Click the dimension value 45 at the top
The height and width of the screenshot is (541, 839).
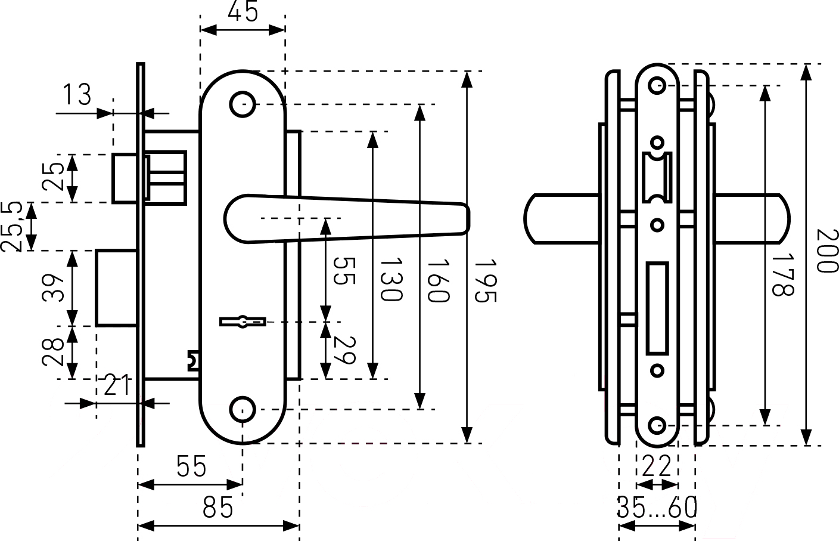(x=243, y=11)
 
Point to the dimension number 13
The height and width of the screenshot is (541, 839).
(x=77, y=95)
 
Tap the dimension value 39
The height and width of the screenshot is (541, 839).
(x=55, y=288)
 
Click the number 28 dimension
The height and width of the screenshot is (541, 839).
(x=55, y=352)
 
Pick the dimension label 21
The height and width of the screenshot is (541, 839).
(x=117, y=386)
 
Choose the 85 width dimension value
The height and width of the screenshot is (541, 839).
(x=218, y=508)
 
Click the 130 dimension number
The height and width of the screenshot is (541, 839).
(x=391, y=279)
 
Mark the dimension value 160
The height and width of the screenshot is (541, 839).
(x=437, y=280)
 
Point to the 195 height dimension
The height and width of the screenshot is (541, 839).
(x=484, y=280)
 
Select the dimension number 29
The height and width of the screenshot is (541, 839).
(x=344, y=350)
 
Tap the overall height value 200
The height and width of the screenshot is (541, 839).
(x=826, y=251)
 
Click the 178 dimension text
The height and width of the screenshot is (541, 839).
(x=782, y=274)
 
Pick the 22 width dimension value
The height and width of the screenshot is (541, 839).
(x=657, y=466)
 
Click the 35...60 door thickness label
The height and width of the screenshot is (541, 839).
(x=657, y=508)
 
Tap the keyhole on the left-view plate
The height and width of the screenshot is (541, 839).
(x=243, y=322)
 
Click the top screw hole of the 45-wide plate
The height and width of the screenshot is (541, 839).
(x=243, y=104)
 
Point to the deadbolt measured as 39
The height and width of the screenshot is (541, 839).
(x=117, y=288)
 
